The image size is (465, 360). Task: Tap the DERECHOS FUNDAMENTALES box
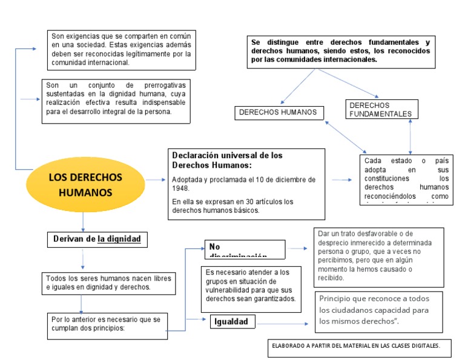tap(380, 110)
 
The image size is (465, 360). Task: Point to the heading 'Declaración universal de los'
tap(227, 155)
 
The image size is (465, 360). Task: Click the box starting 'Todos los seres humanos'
tap(108, 282)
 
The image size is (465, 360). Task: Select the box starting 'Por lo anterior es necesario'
tap(107, 324)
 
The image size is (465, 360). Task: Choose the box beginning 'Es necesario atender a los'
tap(250, 285)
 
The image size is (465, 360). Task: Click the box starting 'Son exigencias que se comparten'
tap(120, 50)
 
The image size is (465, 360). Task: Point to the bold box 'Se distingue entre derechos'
tap(340, 52)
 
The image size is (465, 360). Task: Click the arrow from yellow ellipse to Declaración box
tap(156, 180)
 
